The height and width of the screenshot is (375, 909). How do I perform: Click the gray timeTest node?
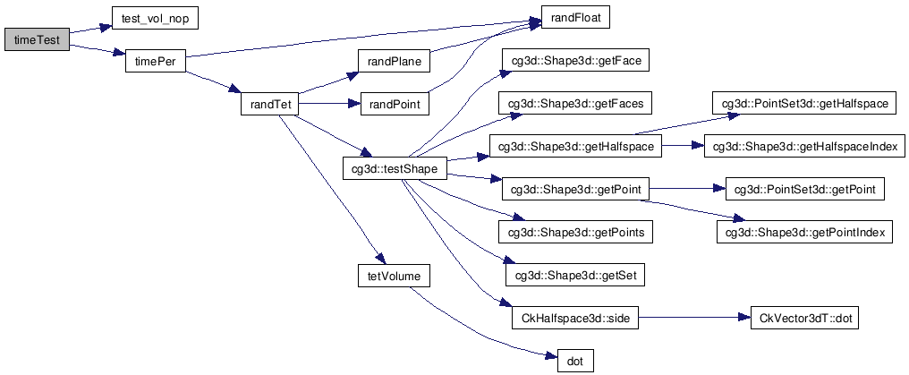pyautogui.click(x=36, y=41)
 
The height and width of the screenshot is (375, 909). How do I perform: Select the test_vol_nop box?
pyautogui.click(x=156, y=18)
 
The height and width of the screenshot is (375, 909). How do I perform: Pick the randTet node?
pyautogui.click(x=268, y=105)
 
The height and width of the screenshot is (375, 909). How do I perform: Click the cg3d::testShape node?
pyautogui.click(x=395, y=168)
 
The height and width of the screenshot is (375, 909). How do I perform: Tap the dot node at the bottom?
pyautogui.click(x=575, y=362)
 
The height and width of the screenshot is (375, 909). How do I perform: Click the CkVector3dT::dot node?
pyautogui.click(x=803, y=319)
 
